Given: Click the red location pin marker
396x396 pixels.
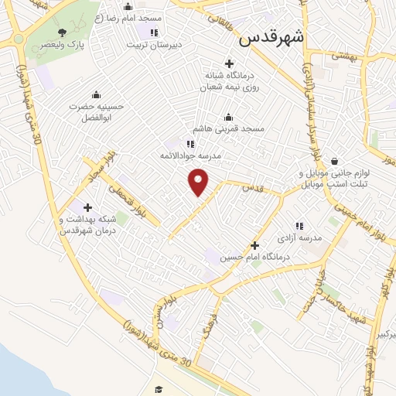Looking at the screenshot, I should [x=199, y=182].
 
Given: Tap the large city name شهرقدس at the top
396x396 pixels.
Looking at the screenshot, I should [x=271, y=38].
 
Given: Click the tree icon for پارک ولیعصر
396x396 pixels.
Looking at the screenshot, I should [x=63, y=32].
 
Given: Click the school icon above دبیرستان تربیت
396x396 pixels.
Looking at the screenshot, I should [x=154, y=32].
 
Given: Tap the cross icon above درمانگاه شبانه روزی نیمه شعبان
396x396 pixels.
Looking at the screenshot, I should [x=228, y=63].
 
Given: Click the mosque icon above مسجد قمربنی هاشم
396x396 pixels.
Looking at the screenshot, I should [x=228, y=117].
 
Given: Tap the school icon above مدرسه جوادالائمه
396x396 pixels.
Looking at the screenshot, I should [x=190, y=144].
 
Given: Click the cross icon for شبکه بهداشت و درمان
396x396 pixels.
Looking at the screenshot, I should [x=87, y=207].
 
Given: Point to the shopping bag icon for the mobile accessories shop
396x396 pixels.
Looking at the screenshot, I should [x=333, y=161].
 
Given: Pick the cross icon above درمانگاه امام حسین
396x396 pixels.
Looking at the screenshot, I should [x=254, y=244].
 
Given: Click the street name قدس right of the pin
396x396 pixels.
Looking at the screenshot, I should [x=251, y=188].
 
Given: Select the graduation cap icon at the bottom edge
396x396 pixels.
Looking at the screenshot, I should [x=159, y=390].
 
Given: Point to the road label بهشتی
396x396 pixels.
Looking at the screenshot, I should [x=340, y=56].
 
